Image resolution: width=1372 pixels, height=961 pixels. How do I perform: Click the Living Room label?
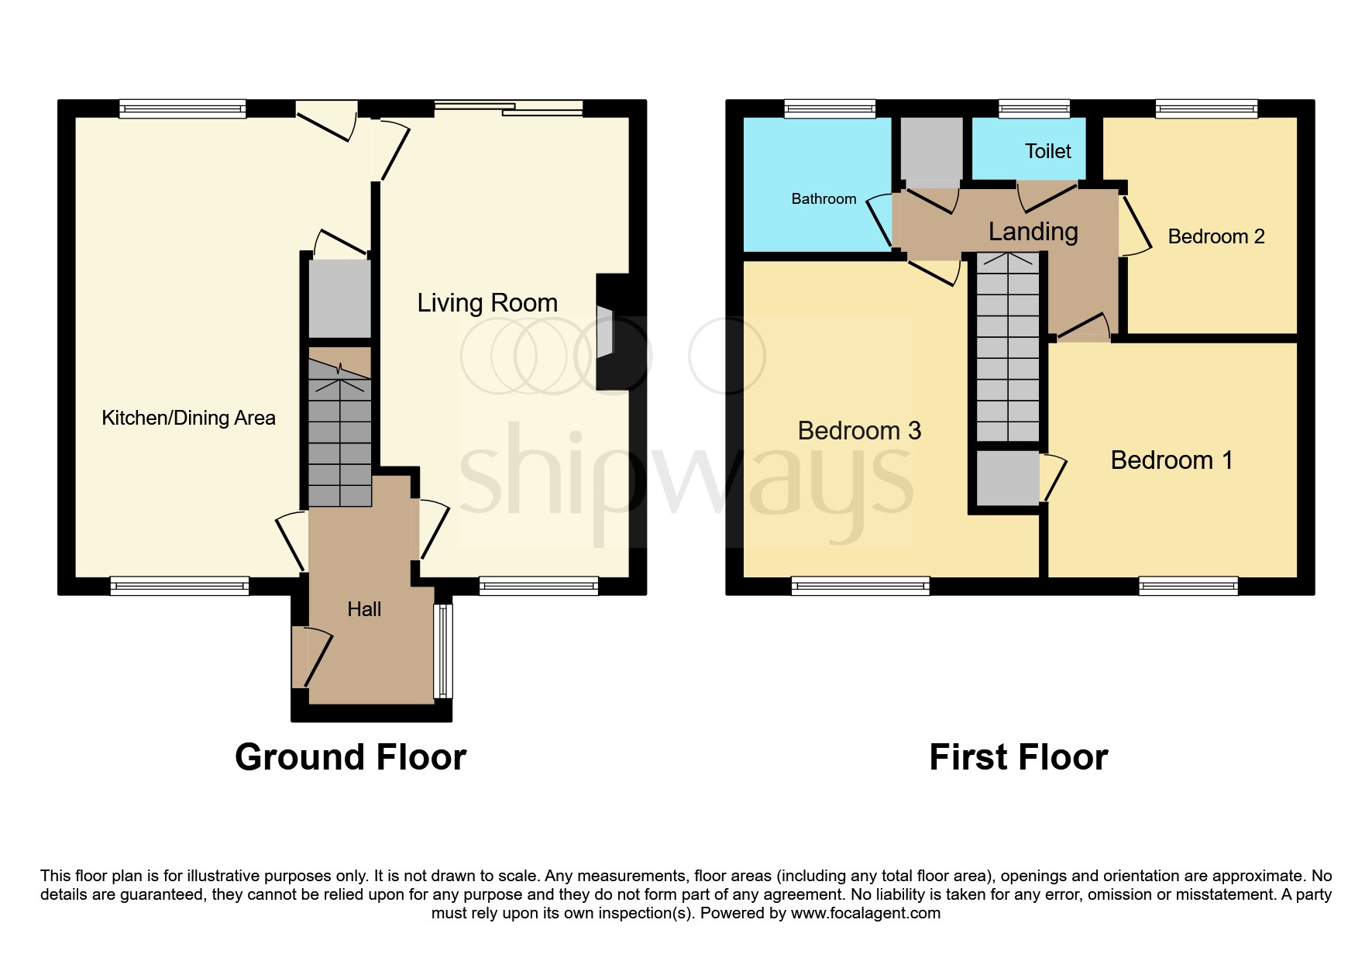click(487, 302)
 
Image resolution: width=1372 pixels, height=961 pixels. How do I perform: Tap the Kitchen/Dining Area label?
click(188, 418)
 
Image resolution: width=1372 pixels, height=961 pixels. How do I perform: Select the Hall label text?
click(364, 609)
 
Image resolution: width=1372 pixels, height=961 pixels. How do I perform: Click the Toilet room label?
click(1047, 151)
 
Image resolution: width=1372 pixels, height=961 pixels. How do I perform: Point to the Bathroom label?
click(824, 199)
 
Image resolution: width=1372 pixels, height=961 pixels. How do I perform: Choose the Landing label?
click(1033, 232)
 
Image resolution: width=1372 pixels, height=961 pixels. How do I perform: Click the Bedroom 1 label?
click(1171, 460)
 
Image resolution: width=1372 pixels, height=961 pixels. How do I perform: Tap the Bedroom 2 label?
click(1216, 236)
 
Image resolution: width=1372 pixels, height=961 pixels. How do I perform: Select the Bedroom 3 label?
click(859, 431)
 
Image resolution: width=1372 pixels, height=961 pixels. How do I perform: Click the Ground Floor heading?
click(350, 757)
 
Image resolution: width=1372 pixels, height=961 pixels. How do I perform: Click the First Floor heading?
click(1018, 757)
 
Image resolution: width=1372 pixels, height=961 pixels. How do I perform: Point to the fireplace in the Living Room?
click(605, 332)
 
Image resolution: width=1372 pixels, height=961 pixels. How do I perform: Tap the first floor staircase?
click(1007, 348)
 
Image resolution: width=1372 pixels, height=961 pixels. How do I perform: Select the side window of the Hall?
click(442, 651)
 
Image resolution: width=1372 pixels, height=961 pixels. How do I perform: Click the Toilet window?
click(1035, 109)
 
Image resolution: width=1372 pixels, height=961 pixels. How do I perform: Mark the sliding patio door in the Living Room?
click(508, 109)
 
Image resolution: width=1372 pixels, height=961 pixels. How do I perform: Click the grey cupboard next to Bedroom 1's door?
click(1007, 477)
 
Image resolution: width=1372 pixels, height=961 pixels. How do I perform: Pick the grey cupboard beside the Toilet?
click(931, 149)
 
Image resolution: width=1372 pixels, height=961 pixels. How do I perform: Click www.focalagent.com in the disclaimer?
click(865, 913)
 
